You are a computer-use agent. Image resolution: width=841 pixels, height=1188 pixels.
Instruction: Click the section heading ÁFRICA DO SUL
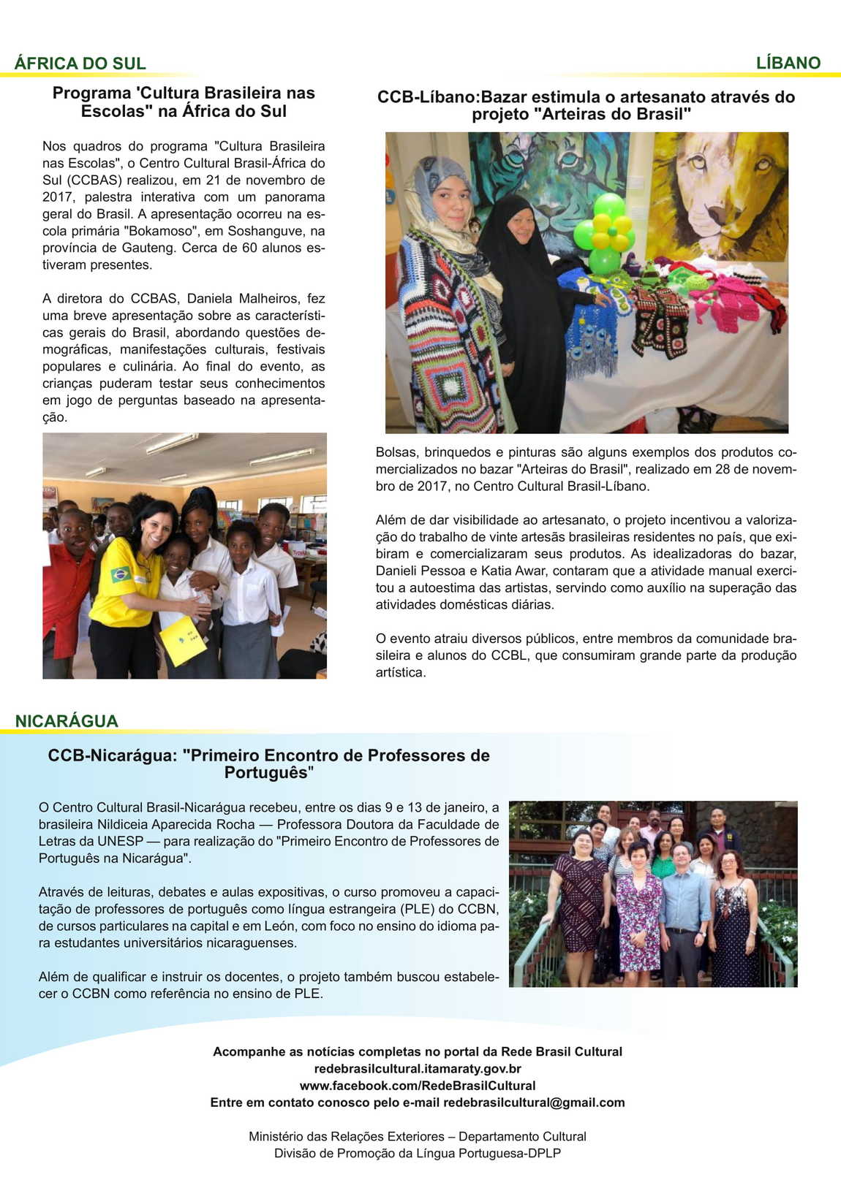(x=80, y=64)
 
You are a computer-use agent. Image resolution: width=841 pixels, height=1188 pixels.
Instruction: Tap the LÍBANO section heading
(x=788, y=64)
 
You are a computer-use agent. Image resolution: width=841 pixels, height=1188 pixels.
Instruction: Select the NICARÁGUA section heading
(x=67, y=721)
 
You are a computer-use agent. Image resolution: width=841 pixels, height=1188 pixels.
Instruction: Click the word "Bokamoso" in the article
(x=156, y=231)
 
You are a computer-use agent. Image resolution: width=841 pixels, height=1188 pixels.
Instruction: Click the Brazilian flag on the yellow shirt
(x=121, y=574)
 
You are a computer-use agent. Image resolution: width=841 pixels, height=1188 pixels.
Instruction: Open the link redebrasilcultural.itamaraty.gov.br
(x=417, y=1069)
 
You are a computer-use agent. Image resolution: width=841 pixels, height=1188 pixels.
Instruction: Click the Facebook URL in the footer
(x=417, y=1086)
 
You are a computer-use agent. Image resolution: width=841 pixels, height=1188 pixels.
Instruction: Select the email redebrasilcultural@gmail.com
(x=533, y=1103)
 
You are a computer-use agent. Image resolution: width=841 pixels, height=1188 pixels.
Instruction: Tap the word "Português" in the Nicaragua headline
(x=268, y=773)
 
